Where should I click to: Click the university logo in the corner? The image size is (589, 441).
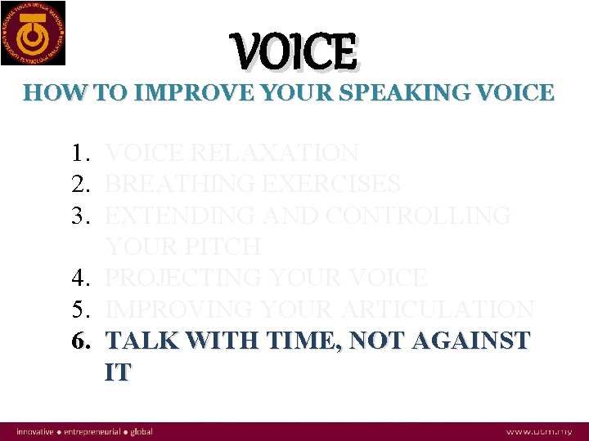(34, 33)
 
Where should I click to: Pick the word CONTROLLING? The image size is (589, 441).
(419, 216)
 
